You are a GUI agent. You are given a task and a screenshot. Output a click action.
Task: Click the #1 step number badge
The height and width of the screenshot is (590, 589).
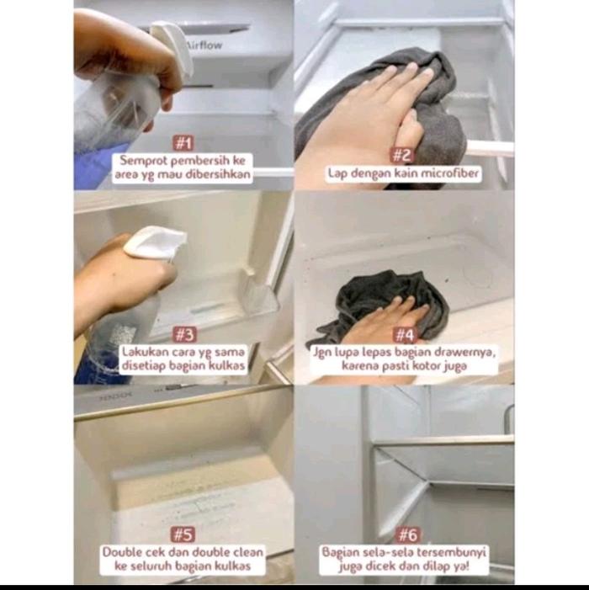[x=183, y=143]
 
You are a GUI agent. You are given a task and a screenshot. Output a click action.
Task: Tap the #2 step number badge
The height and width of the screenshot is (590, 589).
[x=401, y=155]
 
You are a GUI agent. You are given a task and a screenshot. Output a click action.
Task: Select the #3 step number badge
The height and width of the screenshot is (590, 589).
[x=184, y=334]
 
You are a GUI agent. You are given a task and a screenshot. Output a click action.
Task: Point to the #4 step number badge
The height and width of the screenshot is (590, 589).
[x=405, y=335]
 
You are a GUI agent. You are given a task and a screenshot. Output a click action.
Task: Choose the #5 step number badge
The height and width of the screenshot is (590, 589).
[x=183, y=534]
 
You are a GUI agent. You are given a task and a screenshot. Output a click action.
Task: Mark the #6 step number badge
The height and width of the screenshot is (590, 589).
[x=408, y=534]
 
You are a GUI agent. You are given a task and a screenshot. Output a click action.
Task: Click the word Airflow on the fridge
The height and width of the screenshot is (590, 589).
[x=204, y=45]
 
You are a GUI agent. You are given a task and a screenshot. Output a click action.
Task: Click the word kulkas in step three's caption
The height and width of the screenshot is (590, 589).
[x=226, y=365]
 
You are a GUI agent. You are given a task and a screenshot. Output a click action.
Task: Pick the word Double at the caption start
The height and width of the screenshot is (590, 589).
[x=122, y=552]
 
